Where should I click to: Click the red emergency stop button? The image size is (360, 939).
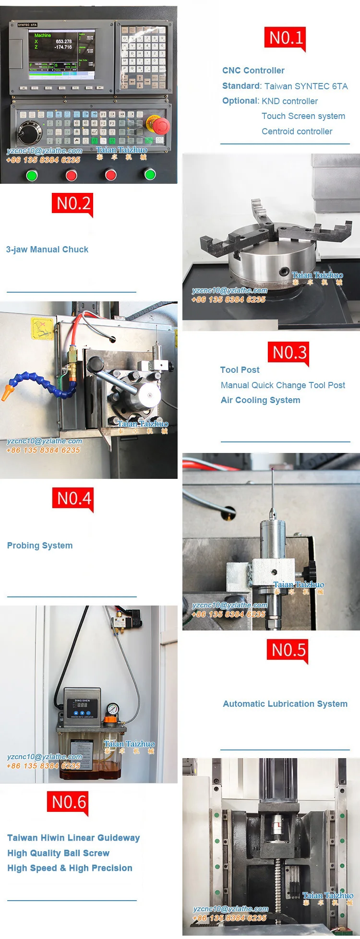tap(160, 125)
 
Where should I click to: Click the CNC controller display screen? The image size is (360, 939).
tap(62, 52)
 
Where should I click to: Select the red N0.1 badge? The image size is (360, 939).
tap(285, 38)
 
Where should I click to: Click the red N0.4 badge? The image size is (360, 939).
tap(73, 499)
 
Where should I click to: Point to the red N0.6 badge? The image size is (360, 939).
tap(68, 802)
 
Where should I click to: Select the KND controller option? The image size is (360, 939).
tap(289, 101)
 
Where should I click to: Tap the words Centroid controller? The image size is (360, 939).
tap(297, 131)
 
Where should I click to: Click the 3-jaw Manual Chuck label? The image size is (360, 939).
tap(47, 250)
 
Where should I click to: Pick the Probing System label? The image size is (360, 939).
tap(40, 546)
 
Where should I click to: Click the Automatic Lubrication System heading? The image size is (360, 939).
tap(285, 704)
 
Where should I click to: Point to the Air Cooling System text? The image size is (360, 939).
tap(260, 400)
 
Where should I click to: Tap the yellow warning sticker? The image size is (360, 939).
tap(42, 328)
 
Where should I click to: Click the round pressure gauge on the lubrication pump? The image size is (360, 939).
tap(112, 709)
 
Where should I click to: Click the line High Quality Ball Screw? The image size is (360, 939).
tap(58, 853)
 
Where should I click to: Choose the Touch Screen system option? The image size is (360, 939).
tap(303, 116)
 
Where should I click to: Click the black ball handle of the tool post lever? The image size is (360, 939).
tap(94, 364)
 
